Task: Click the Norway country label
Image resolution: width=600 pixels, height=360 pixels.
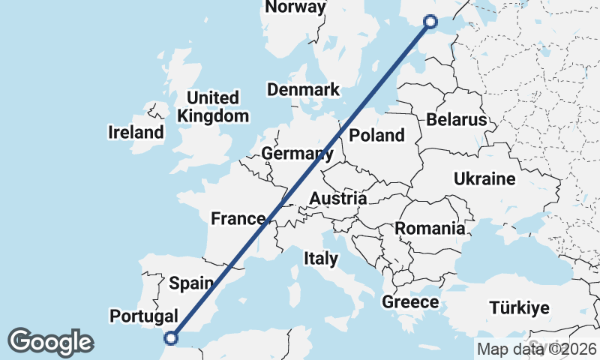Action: pyautogui.click(x=296, y=7)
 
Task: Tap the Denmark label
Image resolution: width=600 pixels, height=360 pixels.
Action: pyautogui.click(x=304, y=89)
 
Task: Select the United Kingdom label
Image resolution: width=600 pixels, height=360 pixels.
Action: pyautogui.click(x=213, y=106)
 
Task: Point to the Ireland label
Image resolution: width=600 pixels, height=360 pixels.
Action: pyautogui.click(x=136, y=133)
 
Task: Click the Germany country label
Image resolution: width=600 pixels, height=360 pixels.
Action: pyautogui.click(x=297, y=154)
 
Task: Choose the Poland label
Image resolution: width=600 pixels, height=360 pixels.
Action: pyautogui.click(x=377, y=135)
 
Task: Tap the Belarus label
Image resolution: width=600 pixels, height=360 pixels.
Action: pyautogui.click(x=456, y=119)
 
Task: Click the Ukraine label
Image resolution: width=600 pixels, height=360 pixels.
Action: pyautogui.click(x=484, y=178)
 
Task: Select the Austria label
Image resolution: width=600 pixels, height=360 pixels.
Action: pyautogui.click(x=338, y=199)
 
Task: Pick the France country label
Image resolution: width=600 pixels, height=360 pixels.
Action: pyautogui.click(x=238, y=219)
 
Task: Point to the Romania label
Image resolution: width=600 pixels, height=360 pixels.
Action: pyautogui.click(x=430, y=228)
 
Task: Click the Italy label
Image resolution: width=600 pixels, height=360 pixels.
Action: pyautogui.click(x=320, y=259)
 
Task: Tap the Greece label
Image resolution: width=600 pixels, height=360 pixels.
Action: pyautogui.click(x=410, y=302)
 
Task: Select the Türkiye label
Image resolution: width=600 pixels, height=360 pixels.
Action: pyautogui.click(x=519, y=307)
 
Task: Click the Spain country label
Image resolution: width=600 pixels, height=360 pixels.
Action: pyautogui.click(x=193, y=283)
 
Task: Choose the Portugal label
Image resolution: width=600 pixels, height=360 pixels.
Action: pyautogui.click(x=143, y=316)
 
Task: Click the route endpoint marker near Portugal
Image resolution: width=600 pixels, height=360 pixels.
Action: pyautogui.click(x=171, y=338)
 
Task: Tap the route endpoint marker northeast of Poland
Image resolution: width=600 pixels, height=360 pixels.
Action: pyautogui.click(x=430, y=22)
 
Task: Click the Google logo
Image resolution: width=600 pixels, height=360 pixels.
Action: pyautogui.click(x=50, y=342)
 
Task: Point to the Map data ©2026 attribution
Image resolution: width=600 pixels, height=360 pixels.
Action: pyautogui.click(x=537, y=349)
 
